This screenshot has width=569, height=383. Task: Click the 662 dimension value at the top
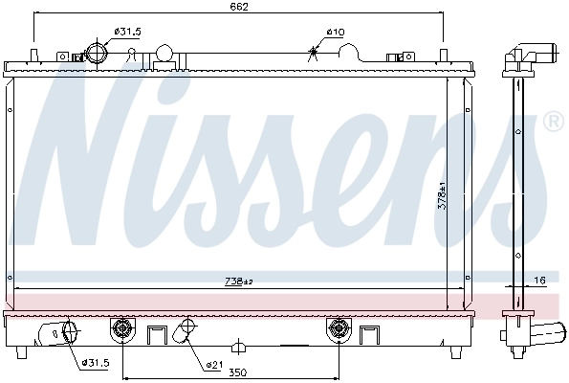click(x=239, y=7)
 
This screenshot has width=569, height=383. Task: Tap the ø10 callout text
click(x=335, y=32)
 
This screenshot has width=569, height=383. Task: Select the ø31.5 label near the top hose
click(x=127, y=32)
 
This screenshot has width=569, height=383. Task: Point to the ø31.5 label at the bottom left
click(x=96, y=363)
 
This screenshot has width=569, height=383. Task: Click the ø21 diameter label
click(x=214, y=364)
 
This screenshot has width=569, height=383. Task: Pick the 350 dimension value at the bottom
click(x=238, y=372)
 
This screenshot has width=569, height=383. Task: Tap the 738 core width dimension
click(x=238, y=282)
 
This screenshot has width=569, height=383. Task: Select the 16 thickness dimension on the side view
click(x=539, y=280)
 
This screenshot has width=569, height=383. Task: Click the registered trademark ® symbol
click(x=553, y=122)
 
